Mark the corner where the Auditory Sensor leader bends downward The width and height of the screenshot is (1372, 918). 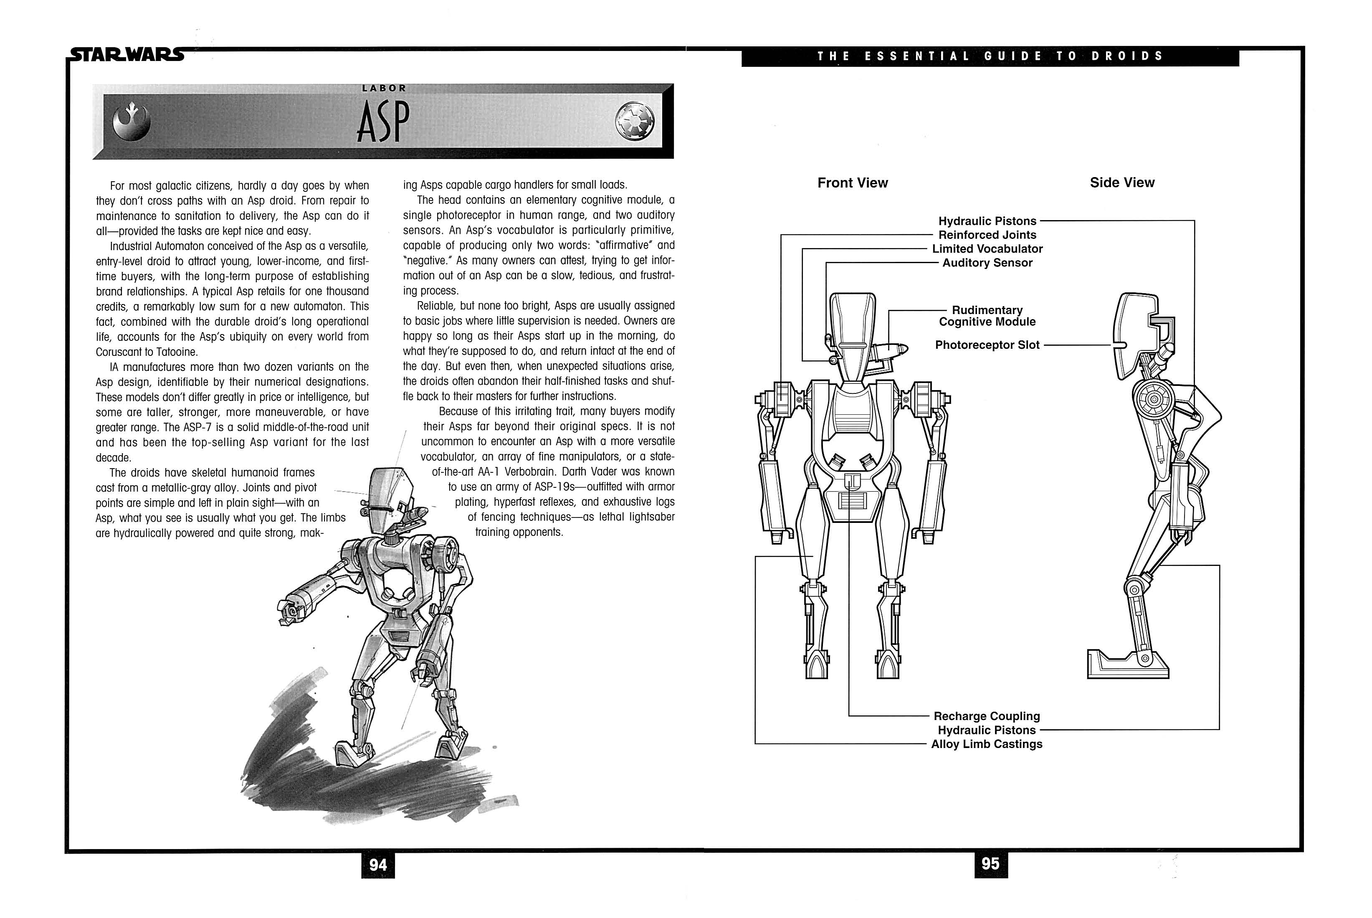[x=826, y=263]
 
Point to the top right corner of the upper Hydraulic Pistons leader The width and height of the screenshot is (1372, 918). [x=1194, y=221]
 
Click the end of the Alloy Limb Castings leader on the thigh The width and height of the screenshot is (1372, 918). [x=814, y=556]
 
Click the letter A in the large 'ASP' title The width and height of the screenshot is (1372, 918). [x=367, y=123]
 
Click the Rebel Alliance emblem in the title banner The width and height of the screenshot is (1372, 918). [x=132, y=121]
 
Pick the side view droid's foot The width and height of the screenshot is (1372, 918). [x=1127, y=664]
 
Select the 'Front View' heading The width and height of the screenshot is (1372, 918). [x=853, y=183]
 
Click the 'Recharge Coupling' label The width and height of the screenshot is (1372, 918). [x=987, y=716]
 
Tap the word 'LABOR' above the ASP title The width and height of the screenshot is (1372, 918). [x=384, y=88]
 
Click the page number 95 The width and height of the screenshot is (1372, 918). [x=990, y=864]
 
